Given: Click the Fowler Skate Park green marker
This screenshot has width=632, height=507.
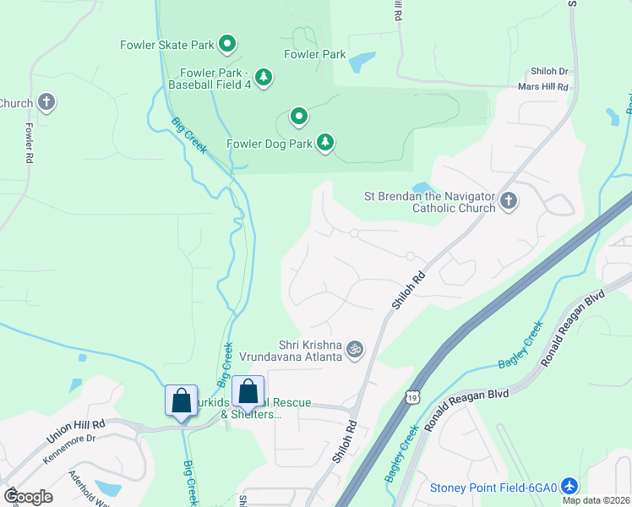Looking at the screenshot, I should click(226, 42).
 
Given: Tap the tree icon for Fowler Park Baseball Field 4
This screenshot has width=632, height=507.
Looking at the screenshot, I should click(264, 78).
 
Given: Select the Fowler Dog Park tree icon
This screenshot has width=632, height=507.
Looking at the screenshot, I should click(325, 142).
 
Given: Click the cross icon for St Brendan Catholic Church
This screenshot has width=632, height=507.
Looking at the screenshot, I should click(508, 201).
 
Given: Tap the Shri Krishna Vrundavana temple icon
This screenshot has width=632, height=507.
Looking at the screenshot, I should click(356, 349).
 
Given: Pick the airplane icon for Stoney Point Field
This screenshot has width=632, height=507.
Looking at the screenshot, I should click(569, 487).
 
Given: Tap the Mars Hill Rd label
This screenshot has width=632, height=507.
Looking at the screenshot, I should click(543, 86).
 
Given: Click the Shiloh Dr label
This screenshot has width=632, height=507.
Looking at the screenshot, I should click(549, 72).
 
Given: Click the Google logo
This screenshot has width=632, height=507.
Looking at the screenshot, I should click(27, 497).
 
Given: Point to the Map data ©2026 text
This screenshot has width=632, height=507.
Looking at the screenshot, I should click(596, 500).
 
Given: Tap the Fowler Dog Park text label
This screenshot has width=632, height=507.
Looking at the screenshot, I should click(270, 143).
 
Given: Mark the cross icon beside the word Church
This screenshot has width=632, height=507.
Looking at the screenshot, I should click(46, 103).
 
